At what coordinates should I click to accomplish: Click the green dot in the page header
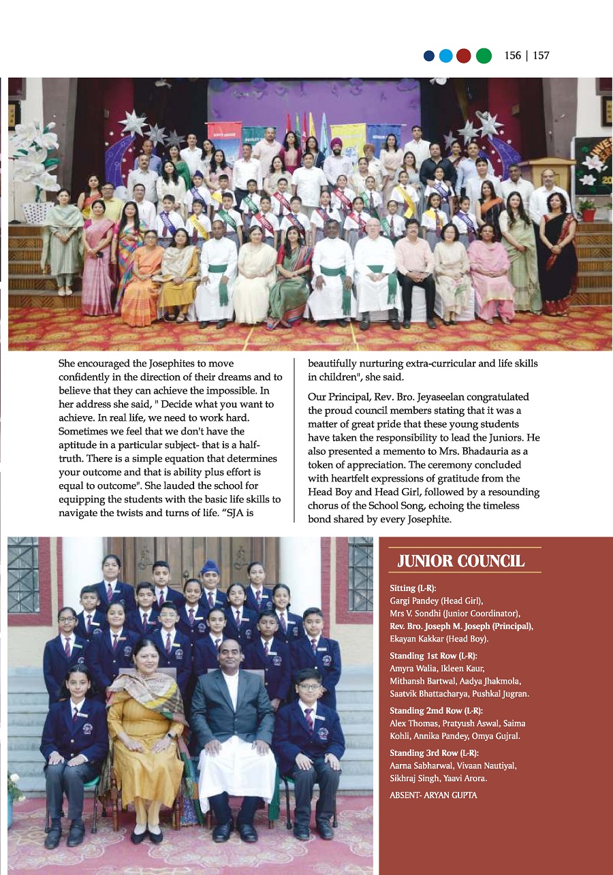click(484, 56)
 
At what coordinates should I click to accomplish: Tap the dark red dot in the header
click(464, 56)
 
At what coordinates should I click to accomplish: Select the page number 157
click(541, 56)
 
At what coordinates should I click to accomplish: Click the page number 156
click(513, 56)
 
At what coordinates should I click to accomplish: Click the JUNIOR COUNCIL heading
click(461, 561)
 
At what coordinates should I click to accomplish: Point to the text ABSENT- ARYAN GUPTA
click(433, 795)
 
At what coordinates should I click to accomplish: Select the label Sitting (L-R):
click(413, 588)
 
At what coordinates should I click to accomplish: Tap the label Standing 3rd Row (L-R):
click(434, 752)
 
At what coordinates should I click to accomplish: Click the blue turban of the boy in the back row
click(210, 566)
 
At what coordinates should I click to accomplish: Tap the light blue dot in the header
click(446, 56)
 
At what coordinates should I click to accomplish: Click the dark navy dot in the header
click(429, 56)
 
